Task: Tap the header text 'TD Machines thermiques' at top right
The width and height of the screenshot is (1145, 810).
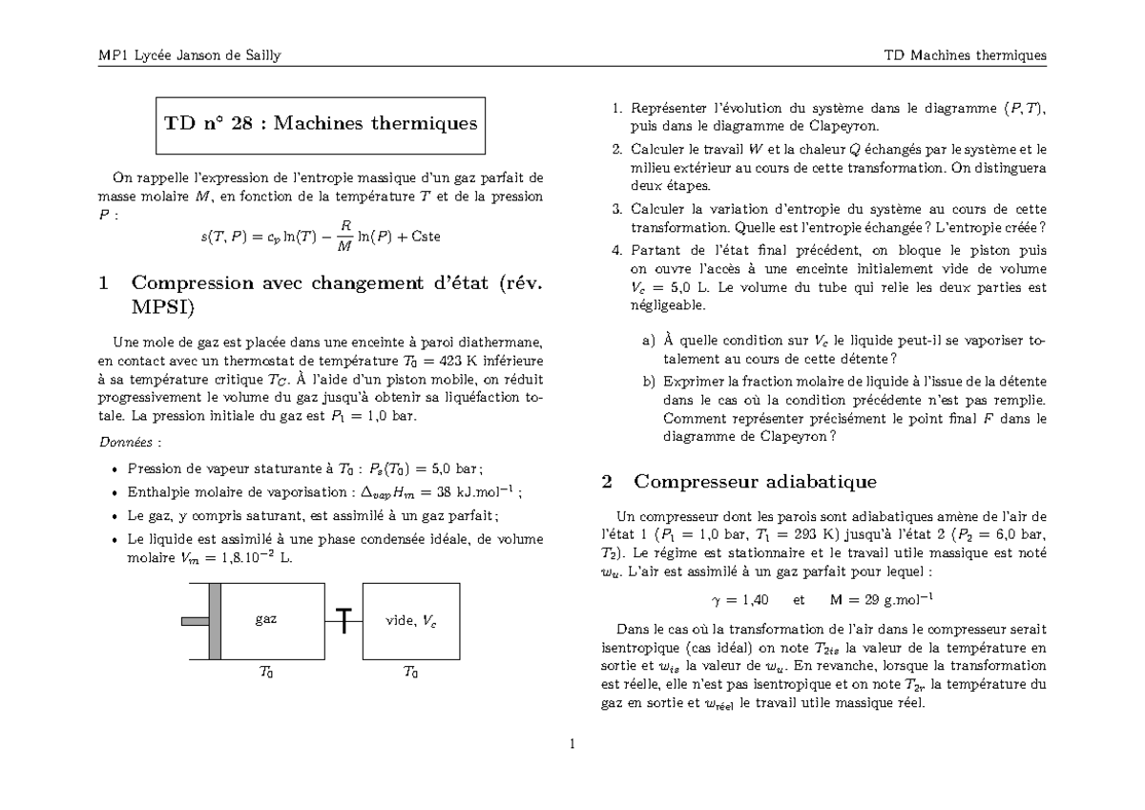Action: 965,55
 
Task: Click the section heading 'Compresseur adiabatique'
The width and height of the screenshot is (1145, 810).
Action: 755,481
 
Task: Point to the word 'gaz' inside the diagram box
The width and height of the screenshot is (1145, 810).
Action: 266,619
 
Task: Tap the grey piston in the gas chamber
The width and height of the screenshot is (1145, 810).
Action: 215,620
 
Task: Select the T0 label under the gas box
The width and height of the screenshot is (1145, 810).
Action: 266,673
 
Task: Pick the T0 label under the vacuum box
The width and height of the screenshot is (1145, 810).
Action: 410,673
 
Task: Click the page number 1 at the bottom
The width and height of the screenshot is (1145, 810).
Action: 572,745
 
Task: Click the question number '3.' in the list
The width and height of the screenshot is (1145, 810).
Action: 617,209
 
